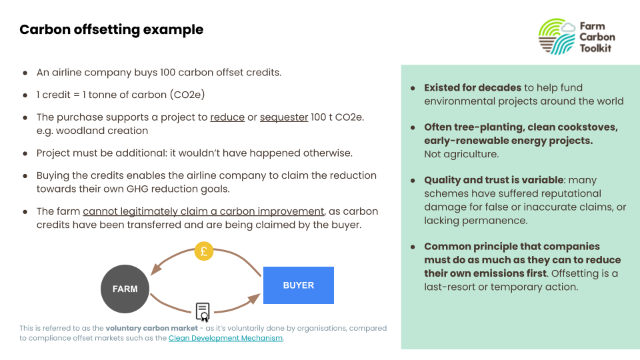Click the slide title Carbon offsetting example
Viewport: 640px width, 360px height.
point(111,30)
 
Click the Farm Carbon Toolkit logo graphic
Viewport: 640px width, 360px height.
point(557,37)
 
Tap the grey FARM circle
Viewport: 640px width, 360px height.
point(125,289)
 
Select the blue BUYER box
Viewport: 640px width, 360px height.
point(299,285)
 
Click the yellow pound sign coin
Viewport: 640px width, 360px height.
point(204,251)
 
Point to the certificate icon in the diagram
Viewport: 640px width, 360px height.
point(203,312)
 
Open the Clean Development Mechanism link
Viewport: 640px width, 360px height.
point(225,338)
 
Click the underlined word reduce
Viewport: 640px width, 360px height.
point(227,117)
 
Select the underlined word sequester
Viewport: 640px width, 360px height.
point(284,117)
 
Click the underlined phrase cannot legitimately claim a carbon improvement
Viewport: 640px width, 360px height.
point(204,211)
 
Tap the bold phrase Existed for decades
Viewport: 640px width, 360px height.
point(473,88)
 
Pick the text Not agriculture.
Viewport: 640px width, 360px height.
point(461,154)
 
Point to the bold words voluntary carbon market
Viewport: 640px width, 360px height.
point(151,328)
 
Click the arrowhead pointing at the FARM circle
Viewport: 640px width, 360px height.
point(155,269)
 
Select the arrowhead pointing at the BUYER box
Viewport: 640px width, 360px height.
point(255,299)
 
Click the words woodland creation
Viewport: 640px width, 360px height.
point(102,131)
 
